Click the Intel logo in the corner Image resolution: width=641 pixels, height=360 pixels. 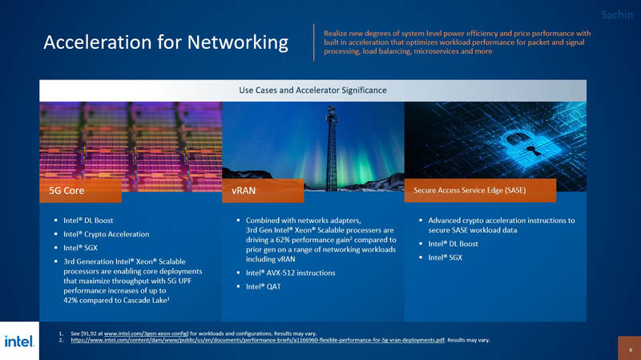pyautogui.click(x=19, y=342)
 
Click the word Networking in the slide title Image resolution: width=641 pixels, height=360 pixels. pyautogui.click(x=237, y=42)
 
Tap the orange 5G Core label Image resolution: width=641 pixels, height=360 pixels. pyautogui.click(x=81, y=191)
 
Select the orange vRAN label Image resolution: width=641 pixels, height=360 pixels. pyautogui.click(x=263, y=191)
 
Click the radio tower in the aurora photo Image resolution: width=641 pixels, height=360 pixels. pyautogui.click(x=332, y=148)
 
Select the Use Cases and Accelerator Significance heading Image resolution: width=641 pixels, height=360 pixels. pyautogui.click(x=312, y=91)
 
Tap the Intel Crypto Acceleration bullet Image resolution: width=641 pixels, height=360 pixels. pyautogui.click(x=107, y=234)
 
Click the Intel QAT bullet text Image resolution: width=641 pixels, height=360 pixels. pyautogui.click(x=264, y=286)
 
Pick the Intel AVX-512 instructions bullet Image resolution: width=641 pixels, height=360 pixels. pyautogui.click(x=290, y=273)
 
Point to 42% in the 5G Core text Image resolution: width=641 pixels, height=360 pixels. pyautogui.click(x=71, y=301)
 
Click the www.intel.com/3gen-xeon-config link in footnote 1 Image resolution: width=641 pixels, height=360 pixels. pyautogui.click(x=146, y=334)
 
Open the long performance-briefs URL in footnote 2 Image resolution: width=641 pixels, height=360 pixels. pyautogui.click(x=257, y=340)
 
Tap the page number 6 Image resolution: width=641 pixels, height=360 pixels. pyautogui.click(x=631, y=350)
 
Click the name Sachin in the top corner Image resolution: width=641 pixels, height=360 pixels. pyautogui.click(x=617, y=15)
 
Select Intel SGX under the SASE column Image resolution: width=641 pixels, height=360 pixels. pyautogui.click(x=445, y=257)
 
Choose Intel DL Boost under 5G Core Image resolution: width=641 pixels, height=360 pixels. pyautogui.click(x=88, y=220)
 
